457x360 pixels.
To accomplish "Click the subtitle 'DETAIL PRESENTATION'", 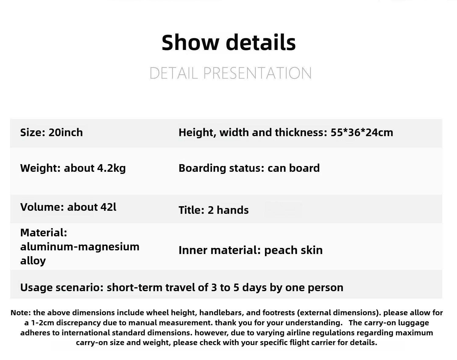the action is click(x=231, y=73).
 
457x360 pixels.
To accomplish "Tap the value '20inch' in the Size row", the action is click(x=66, y=132).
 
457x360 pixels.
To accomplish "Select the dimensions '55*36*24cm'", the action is click(x=362, y=132).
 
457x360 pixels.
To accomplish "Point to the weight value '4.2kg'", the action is click(x=112, y=168).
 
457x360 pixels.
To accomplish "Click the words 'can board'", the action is click(x=294, y=168).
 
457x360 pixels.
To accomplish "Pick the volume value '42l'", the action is click(x=108, y=207).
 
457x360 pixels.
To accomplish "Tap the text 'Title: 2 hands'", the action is click(x=214, y=210).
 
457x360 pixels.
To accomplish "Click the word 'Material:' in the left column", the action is click(x=44, y=233).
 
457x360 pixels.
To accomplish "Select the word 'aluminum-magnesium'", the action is click(x=80, y=247).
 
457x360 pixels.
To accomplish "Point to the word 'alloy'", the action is click(x=33, y=260).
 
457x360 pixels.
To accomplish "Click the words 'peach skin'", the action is click(x=293, y=250).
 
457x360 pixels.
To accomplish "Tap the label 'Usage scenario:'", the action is click(x=62, y=288).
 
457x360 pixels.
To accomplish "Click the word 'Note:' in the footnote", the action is click(x=21, y=313).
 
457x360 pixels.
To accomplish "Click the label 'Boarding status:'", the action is click(x=221, y=168).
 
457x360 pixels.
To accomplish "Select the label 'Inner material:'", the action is click(x=220, y=250).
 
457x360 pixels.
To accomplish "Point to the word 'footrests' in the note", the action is click(x=278, y=313).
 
